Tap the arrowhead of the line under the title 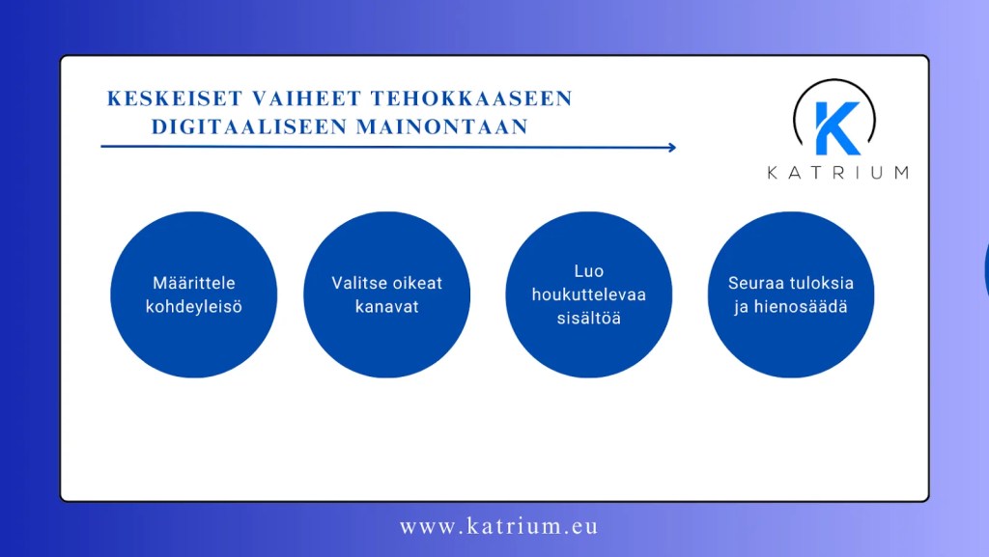(x=671, y=148)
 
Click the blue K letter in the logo (x=835, y=127)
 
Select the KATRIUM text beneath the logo (x=837, y=173)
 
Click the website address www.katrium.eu (x=498, y=526)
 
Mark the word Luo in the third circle (x=588, y=271)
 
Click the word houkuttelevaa (x=588, y=294)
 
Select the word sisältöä (x=588, y=318)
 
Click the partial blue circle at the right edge (x=986, y=270)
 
